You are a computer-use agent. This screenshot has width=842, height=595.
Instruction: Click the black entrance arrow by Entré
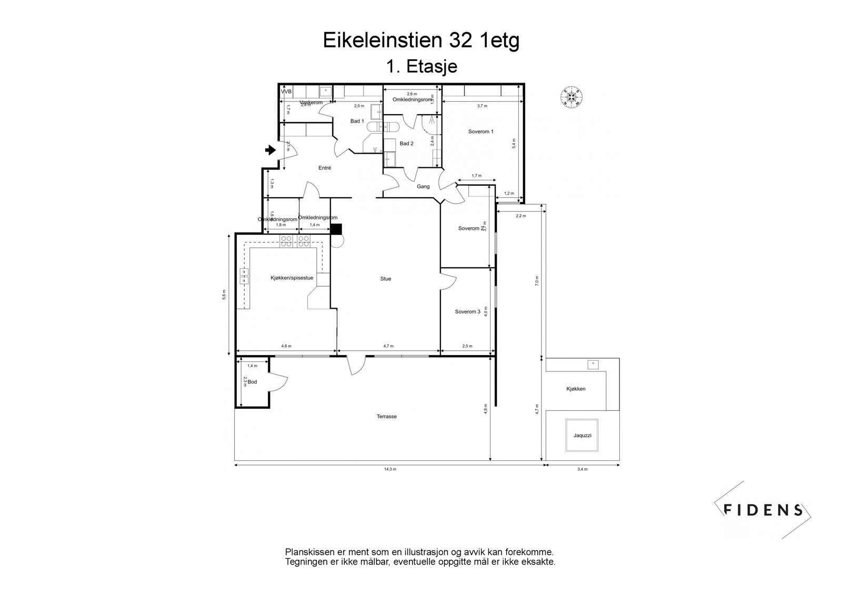[270, 150]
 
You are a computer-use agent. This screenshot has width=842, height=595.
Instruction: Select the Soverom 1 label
[480, 132]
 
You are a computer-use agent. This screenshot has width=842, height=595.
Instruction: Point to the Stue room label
[386, 279]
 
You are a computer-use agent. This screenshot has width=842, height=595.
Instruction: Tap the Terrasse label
[386, 416]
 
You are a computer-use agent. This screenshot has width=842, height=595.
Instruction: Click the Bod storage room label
[253, 382]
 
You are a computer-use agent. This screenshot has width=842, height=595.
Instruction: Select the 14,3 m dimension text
[390, 469]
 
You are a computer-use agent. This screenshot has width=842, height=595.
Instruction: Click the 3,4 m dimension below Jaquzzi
[582, 469]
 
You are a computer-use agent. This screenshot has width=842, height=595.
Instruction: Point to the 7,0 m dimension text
[537, 280]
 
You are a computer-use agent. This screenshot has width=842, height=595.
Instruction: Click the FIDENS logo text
[763, 510]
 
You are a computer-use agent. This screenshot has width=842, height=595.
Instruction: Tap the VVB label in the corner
[286, 92]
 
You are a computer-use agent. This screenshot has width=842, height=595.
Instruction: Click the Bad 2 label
[406, 144]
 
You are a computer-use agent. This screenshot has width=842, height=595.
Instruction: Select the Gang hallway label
[423, 186]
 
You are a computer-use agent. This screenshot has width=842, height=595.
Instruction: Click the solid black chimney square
[336, 229]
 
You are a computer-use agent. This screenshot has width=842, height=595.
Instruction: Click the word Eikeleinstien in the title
[382, 41]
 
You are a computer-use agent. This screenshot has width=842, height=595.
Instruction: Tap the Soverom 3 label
[467, 312]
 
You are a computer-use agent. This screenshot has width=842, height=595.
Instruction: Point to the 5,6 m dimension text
[224, 295]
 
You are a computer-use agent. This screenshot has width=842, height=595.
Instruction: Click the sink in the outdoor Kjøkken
[593, 364]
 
